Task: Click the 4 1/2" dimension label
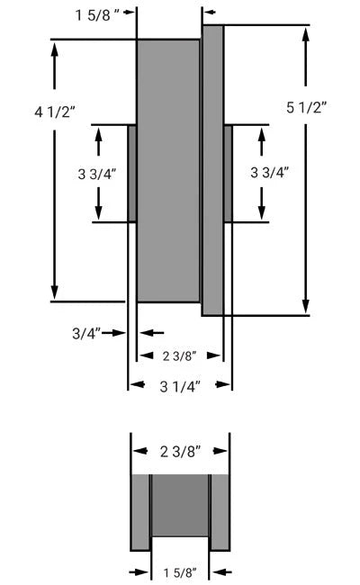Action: pyautogui.click(x=55, y=111)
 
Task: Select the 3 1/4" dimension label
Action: pyautogui.click(x=180, y=385)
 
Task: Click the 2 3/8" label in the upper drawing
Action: pyautogui.click(x=178, y=355)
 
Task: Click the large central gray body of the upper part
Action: pyautogui.click(x=167, y=171)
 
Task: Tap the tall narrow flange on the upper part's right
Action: pyautogui.click(x=212, y=171)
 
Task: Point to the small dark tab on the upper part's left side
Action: pyautogui.click(x=132, y=174)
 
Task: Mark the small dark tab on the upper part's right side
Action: pyautogui.click(x=228, y=174)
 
